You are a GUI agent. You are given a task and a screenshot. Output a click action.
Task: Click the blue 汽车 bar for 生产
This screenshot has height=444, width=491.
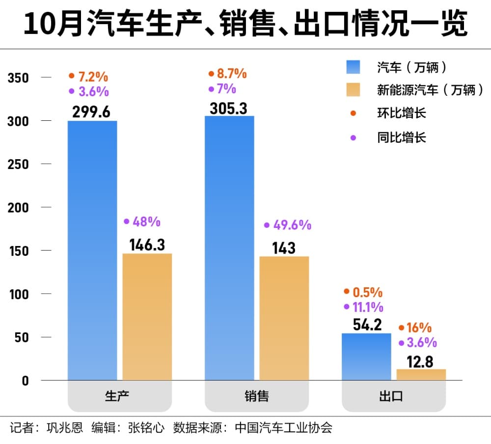pos(92,250)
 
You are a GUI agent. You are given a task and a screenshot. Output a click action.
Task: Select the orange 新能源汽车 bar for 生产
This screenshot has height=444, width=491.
pos(147,317)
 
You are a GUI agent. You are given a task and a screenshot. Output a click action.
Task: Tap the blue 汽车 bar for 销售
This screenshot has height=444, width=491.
pos(229,248)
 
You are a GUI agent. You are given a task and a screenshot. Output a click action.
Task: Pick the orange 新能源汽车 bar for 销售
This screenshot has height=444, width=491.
pos(284,318)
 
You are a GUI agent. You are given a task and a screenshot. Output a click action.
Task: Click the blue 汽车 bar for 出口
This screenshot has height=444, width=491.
pos(366,357)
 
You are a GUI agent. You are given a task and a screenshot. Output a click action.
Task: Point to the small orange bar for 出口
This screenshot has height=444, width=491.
pos(421,375)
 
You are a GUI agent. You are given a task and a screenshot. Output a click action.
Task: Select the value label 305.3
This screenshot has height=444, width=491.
pos(228,108)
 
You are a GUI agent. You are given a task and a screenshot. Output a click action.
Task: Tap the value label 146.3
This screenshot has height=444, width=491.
pos(147,245)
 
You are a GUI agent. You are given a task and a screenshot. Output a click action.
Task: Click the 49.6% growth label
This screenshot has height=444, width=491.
pos(292,225)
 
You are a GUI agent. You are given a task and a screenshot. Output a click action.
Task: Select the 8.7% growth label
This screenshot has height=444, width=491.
pos(231,74)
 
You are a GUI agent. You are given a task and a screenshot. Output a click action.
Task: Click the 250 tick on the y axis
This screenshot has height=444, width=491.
pos(18,165)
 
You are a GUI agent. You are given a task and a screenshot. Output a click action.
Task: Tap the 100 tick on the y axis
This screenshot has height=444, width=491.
pos(18,294)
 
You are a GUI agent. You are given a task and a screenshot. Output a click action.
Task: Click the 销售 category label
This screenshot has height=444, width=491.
pos(257,396)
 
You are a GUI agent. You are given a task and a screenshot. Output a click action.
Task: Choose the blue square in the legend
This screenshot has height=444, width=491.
pos(353,67)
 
